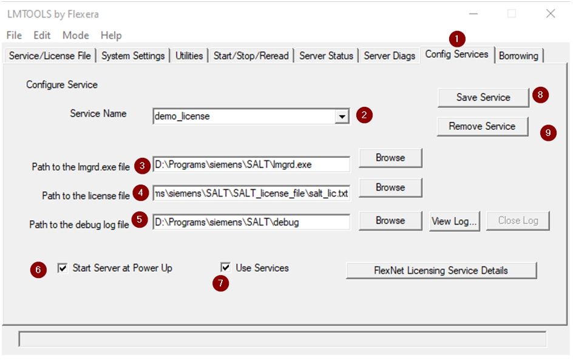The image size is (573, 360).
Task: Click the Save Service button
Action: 483,98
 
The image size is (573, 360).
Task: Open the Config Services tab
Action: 457,55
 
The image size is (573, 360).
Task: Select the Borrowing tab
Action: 518,56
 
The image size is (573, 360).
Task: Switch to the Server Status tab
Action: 326,56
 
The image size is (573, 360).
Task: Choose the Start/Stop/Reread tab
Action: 251,56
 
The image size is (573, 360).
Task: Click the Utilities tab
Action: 189,56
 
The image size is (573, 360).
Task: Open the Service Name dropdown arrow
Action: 342,117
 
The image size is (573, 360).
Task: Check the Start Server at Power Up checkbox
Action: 63,268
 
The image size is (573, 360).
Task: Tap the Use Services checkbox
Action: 225,267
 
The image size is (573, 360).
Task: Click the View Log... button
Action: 455,221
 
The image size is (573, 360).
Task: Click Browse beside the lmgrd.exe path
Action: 390,158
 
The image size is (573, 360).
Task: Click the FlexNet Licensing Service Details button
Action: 441,271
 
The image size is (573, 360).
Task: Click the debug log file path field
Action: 251,222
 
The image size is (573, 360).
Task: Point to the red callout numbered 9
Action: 548,133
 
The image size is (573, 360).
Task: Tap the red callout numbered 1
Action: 457,39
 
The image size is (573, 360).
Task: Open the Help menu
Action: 111,35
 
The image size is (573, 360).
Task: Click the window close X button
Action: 551,14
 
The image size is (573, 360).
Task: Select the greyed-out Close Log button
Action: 518,221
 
